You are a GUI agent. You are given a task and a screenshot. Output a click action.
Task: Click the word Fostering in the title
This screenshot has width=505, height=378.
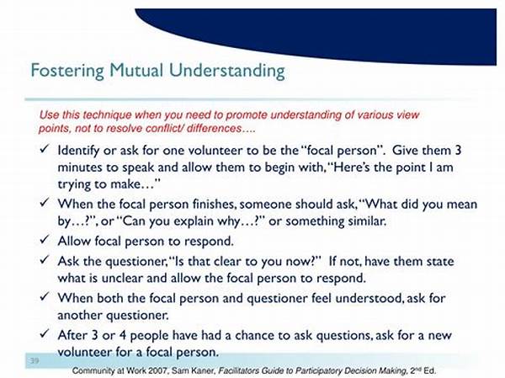pyautogui.click(x=67, y=70)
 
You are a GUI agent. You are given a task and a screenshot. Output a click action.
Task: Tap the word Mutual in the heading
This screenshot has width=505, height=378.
pyautogui.click(x=136, y=70)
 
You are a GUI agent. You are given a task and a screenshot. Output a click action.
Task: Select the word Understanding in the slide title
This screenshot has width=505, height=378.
pyautogui.click(x=227, y=71)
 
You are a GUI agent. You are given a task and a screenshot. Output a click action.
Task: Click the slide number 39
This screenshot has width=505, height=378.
pyautogui.click(x=35, y=360)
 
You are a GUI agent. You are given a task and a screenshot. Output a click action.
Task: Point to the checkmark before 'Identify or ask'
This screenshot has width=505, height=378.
pyautogui.click(x=44, y=148)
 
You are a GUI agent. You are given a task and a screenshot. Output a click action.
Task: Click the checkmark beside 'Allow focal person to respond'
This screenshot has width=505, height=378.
pyautogui.click(x=44, y=239)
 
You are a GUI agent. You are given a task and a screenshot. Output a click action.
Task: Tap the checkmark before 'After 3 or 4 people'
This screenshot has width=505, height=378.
pyautogui.click(x=44, y=333)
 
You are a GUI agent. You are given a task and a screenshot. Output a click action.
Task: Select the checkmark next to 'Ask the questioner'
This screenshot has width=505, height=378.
pyautogui.click(x=44, y=259)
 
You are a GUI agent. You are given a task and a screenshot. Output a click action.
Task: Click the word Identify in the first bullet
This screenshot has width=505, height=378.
pyautogui.click(x=78, y=151)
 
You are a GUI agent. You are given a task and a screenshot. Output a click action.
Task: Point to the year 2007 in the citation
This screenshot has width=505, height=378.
pyautogui.click(x=160, y=370)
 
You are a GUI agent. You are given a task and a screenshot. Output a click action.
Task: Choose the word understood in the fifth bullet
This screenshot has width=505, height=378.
pyautogui.click(x=369, y=298)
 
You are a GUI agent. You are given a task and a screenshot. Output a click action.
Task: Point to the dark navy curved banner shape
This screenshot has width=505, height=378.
pyautogui.click(x=354, y=32)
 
